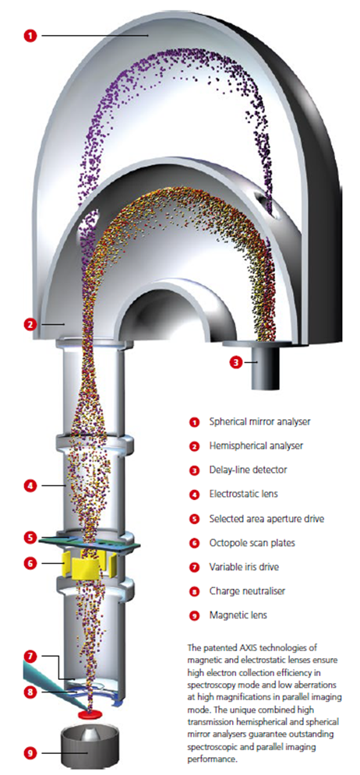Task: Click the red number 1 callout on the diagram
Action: (30, 36)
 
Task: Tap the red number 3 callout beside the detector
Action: (236, 362)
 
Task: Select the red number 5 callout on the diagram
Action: (30, 537)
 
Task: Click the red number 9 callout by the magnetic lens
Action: (30, 752)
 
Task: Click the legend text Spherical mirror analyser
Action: (260, 422)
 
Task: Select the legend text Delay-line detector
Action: (247, 470)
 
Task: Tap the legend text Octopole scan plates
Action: (252, 543)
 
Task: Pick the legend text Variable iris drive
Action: (244, 567)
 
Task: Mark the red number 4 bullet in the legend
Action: (194, 495)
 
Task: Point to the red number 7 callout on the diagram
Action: (30, 657)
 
